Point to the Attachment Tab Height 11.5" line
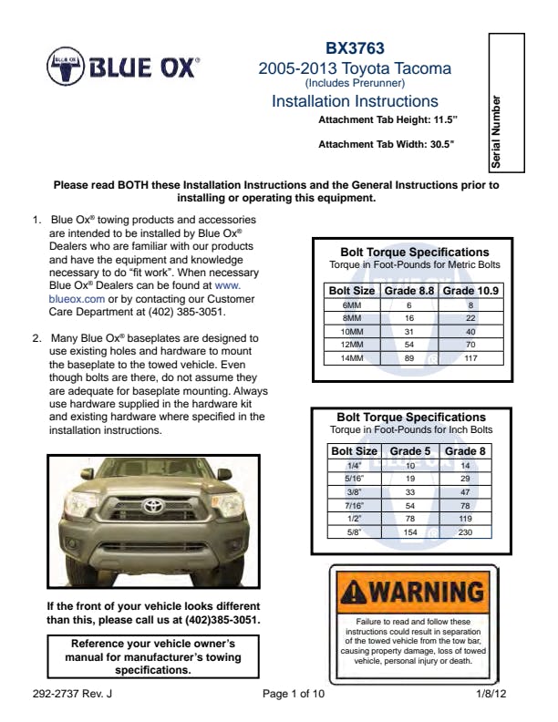pos(387,119)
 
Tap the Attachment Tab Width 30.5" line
pos(386,144)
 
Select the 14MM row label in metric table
pos(351,359)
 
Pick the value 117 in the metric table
pos(470,359)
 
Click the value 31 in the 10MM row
pos(409,332)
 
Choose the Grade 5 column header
pos(410,450)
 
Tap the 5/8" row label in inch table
pos(354,531)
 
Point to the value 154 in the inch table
pos(410,531)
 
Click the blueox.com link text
pos(77,297)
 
